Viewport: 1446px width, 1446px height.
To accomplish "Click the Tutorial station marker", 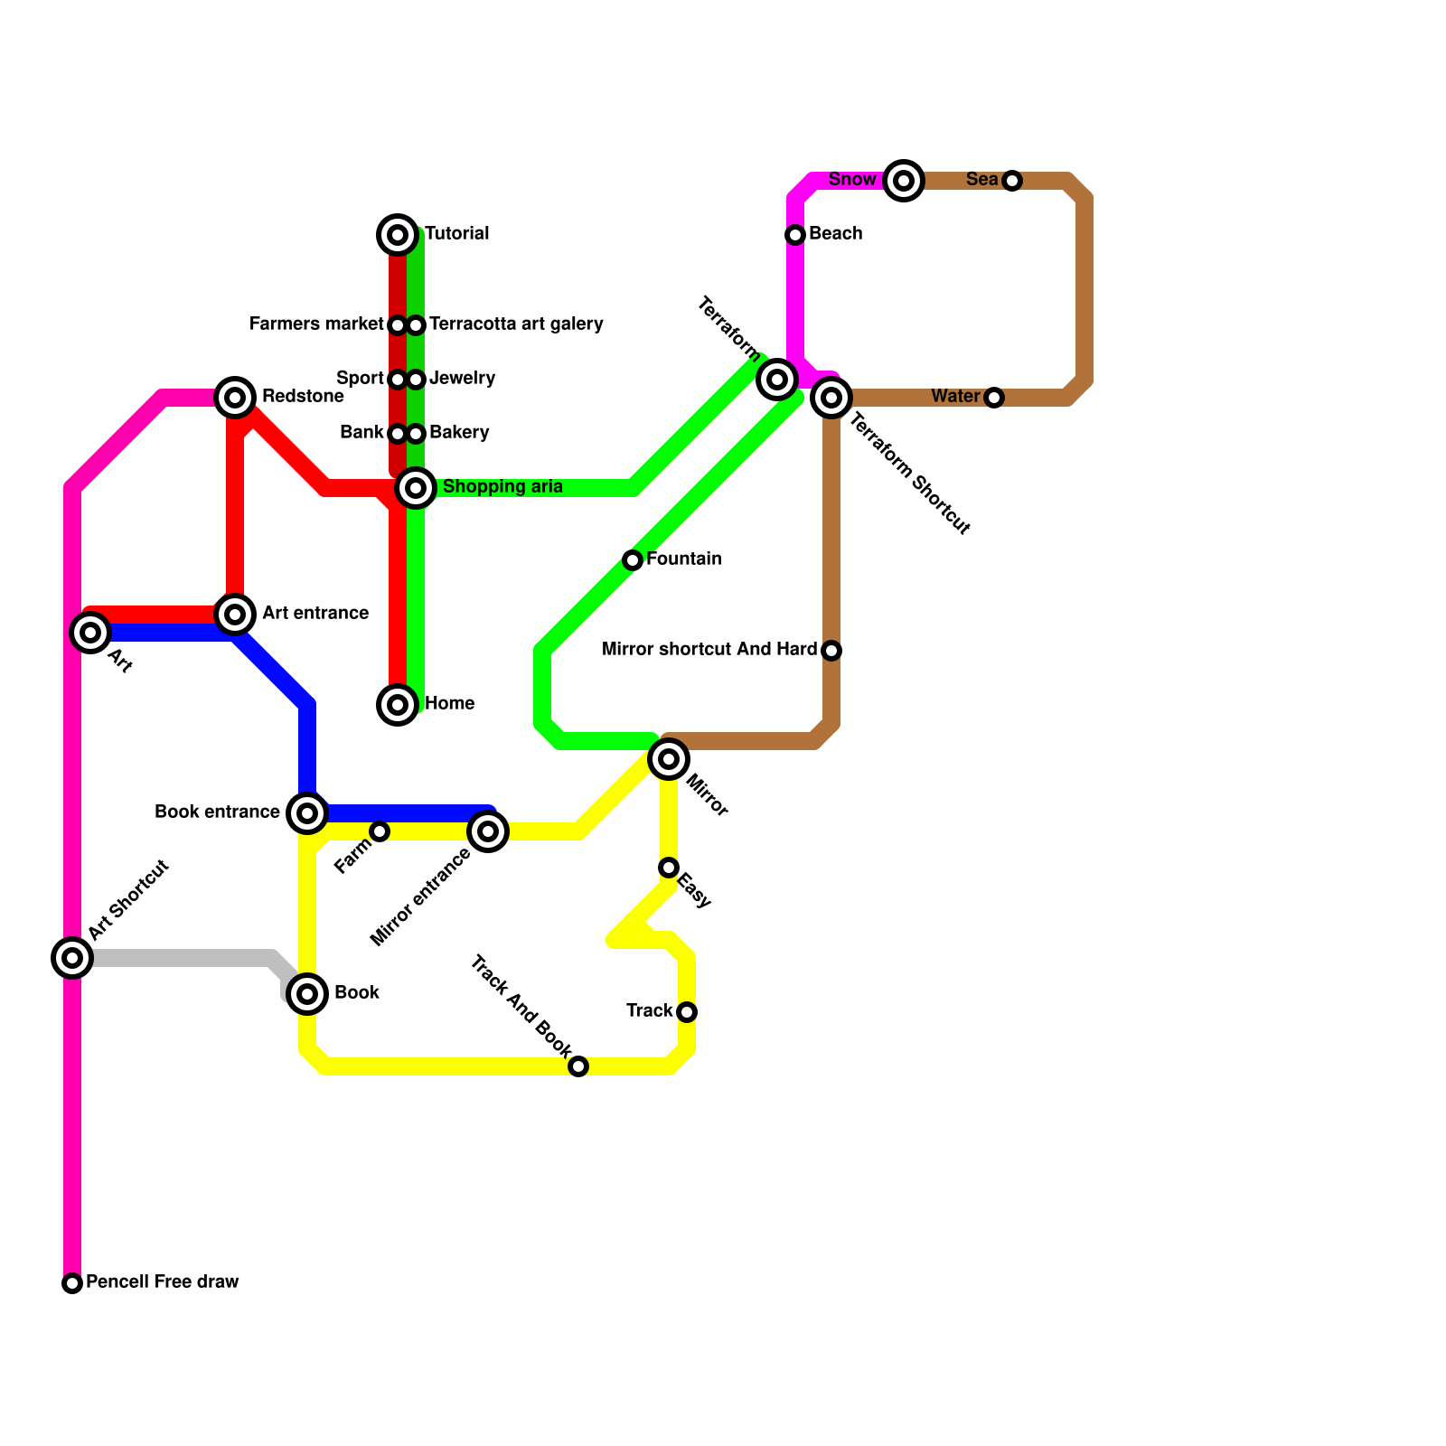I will pos(398,235).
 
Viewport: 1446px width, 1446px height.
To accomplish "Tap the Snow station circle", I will pos(904,181).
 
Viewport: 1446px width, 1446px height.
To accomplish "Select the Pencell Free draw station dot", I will pos(72,1283).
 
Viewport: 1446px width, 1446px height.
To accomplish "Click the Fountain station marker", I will pos(633,560).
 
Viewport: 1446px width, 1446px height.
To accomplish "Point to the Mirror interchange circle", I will pos(669,759).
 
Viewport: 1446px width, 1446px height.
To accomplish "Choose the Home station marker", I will pos(398,705).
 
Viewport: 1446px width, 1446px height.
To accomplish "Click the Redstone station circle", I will pos(235,398).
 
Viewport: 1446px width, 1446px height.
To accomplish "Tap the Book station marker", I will pos(307,994).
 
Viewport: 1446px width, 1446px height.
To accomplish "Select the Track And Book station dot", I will pos(578,1066).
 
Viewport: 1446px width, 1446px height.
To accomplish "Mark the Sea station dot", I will pos(1012,181).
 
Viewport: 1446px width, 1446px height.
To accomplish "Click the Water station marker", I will pos(994,398).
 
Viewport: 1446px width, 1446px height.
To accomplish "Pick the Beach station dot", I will pos(795,235).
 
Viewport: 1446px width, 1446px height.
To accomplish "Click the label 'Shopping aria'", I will pos(502,487).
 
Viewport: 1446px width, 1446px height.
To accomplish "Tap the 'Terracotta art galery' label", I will pos(516,324).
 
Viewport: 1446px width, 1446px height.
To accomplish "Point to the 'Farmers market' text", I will pos(316,324).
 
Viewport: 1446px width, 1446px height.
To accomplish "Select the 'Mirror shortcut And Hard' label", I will pos(709,650).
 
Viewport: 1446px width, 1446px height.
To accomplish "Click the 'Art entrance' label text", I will pos(315,614).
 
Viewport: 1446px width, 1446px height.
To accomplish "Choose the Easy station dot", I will pos(669,868).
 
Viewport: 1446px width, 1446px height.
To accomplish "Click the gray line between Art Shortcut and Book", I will pos(181,958).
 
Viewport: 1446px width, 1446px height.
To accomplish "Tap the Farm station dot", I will pos(380,831).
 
